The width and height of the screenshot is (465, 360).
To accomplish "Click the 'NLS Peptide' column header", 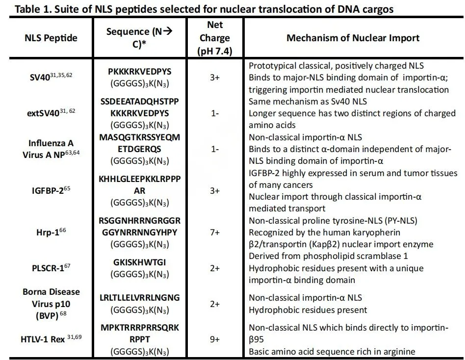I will tap(51, 38).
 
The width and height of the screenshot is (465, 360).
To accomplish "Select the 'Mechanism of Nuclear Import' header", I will tap(353, 38).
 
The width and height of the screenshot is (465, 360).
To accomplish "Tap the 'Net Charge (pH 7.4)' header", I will tap(215, 38).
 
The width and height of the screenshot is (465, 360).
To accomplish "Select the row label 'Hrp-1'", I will tap(49, 231).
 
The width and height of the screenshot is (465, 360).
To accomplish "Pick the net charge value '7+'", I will tap(215, 232).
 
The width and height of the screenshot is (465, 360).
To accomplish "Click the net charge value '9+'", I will tap(215, 339).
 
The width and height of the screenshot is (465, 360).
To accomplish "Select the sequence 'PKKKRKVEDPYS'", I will tap(140, 72).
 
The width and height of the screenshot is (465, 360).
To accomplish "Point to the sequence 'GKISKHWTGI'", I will tap(140, 262).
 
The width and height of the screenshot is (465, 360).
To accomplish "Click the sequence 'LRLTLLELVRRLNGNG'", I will tap(140, 298).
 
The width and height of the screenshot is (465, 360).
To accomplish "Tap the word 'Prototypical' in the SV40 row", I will tap(272, 66).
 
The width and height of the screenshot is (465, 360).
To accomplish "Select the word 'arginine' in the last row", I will tap(399, 351).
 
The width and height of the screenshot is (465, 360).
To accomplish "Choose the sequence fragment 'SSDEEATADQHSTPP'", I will tap(140, 102).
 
